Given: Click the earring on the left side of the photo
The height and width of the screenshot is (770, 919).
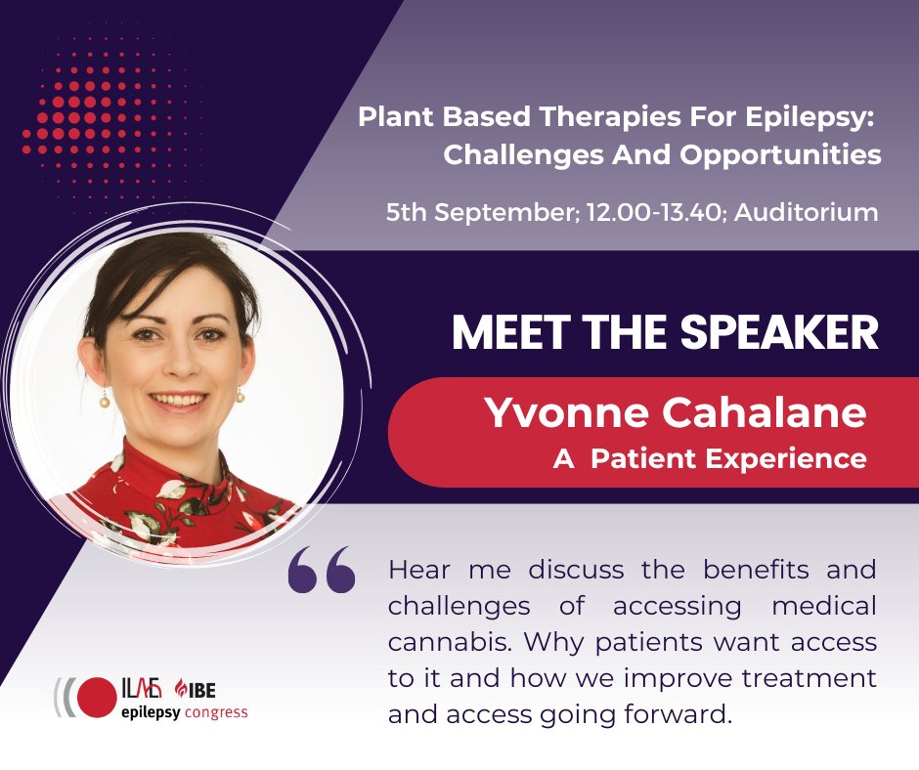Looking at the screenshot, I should point(105,402).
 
